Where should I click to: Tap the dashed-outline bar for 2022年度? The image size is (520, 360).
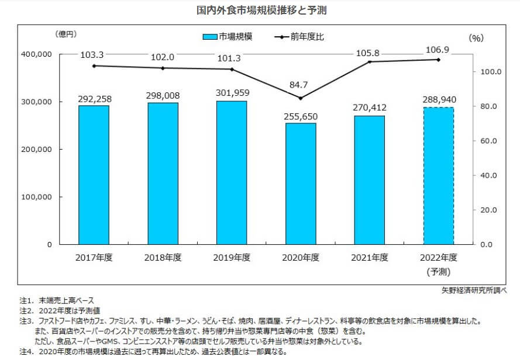(x=439, y=175)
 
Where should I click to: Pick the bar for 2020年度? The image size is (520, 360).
(x=301, y=184)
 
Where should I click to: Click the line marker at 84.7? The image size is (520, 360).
(x=301, y=98)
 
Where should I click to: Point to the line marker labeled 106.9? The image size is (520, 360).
(x=439, y=60)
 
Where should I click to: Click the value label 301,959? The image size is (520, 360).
(x=232, y=92)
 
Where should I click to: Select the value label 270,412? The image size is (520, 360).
(x=370, y=108)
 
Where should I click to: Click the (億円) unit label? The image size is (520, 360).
(x=65, y=34)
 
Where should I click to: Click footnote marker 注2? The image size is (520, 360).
(x=26, y=311)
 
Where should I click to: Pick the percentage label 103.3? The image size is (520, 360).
(x=94, y=54)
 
